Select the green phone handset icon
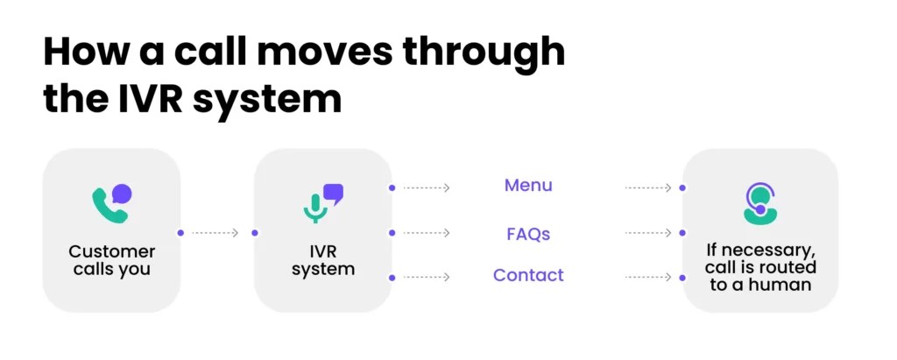coord(106,206)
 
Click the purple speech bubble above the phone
coord(123,193)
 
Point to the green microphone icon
coord(314,208)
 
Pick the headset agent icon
coord(759,202)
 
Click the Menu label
coord(528,186)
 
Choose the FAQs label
coord(528,234)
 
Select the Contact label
coord(528,275)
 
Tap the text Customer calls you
coord(111,260)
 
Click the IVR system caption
coord(322,260)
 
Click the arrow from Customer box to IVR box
coord(215,233)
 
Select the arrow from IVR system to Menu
coord(427,187)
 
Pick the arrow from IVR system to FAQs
coord(427,233)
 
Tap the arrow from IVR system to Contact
coord(427,278)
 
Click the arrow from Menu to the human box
coord(648,187)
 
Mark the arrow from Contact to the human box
coord(648,278)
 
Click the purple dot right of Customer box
coord(180,233)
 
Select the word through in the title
coord(491,53)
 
